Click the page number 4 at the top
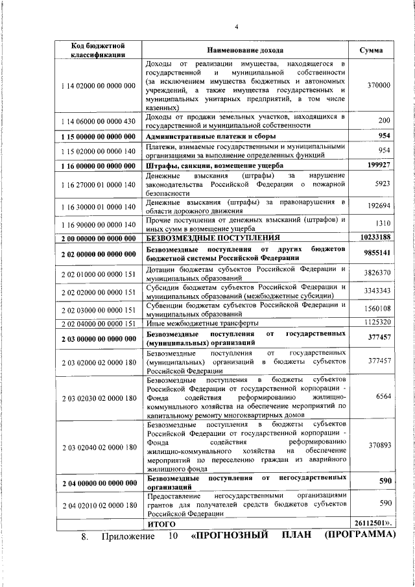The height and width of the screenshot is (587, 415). [237, 27]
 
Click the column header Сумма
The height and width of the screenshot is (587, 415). [379, 51]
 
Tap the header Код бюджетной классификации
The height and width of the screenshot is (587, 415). [98, 51]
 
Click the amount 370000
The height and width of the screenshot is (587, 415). [379, 86]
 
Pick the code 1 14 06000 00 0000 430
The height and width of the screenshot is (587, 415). [98, 121]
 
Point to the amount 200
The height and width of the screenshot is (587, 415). [384, 121]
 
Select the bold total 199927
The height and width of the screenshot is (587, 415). [379, 165]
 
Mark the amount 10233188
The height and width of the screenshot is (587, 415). [376, 237]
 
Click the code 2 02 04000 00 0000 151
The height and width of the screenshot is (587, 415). [98, 323]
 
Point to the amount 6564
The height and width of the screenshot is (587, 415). [383, 396]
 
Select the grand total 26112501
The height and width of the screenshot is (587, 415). [373, 522]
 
